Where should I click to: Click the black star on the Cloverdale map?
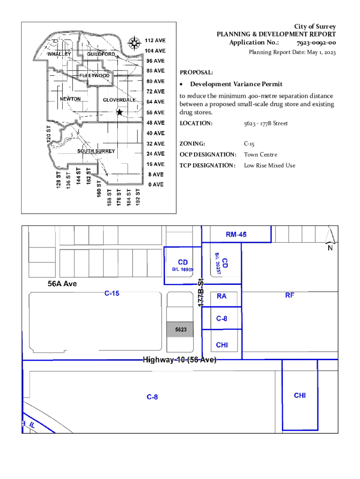click(x=120, y=112)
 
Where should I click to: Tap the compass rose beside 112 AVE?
click(x=135, y=43)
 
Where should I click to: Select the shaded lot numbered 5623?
click(x=181, y=330)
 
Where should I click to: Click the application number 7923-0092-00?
click(x=316, y=43)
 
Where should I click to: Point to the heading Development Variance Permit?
click(x=236, y=84)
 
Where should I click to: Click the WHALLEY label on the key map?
click(x=60, y=54)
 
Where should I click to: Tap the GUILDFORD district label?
click(x=101, y=54)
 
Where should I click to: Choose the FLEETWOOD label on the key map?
click(x=94, y=76)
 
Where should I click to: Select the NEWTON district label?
click(x=70, y=99)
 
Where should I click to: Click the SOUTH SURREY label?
click(x=96, y=151)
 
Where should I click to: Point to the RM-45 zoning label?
click(x=236, y=235)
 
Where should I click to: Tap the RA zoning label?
click(x=222, y=296)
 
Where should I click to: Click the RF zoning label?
click(x=290, y=296)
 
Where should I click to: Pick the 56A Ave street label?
click(x=62, y=284)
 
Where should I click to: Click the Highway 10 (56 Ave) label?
click(x=180, y=360)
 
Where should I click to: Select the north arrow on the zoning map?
click(x=330, y=239)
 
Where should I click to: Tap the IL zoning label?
click(x=32, y=425)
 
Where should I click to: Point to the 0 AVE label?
click(x=156, y=185)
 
